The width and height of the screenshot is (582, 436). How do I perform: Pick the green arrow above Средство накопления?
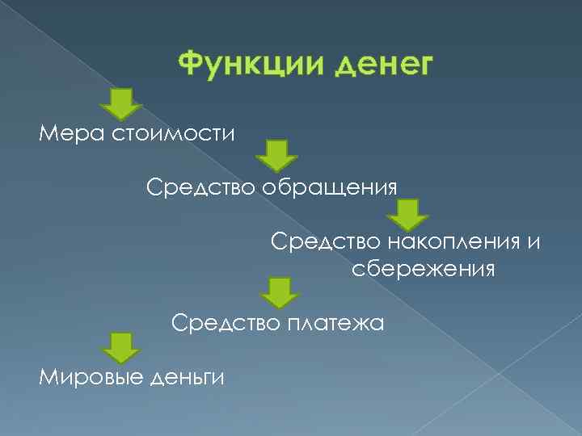pyautogui.click(x=408, y=215)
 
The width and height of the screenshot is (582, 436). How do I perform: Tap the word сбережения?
pyautogui.click(x=423, y=268)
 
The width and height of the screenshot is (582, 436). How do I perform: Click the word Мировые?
pyautogui.click(x=88, y=375)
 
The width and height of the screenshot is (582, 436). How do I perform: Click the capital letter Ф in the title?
pyautogui.click(x=188, y=64)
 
